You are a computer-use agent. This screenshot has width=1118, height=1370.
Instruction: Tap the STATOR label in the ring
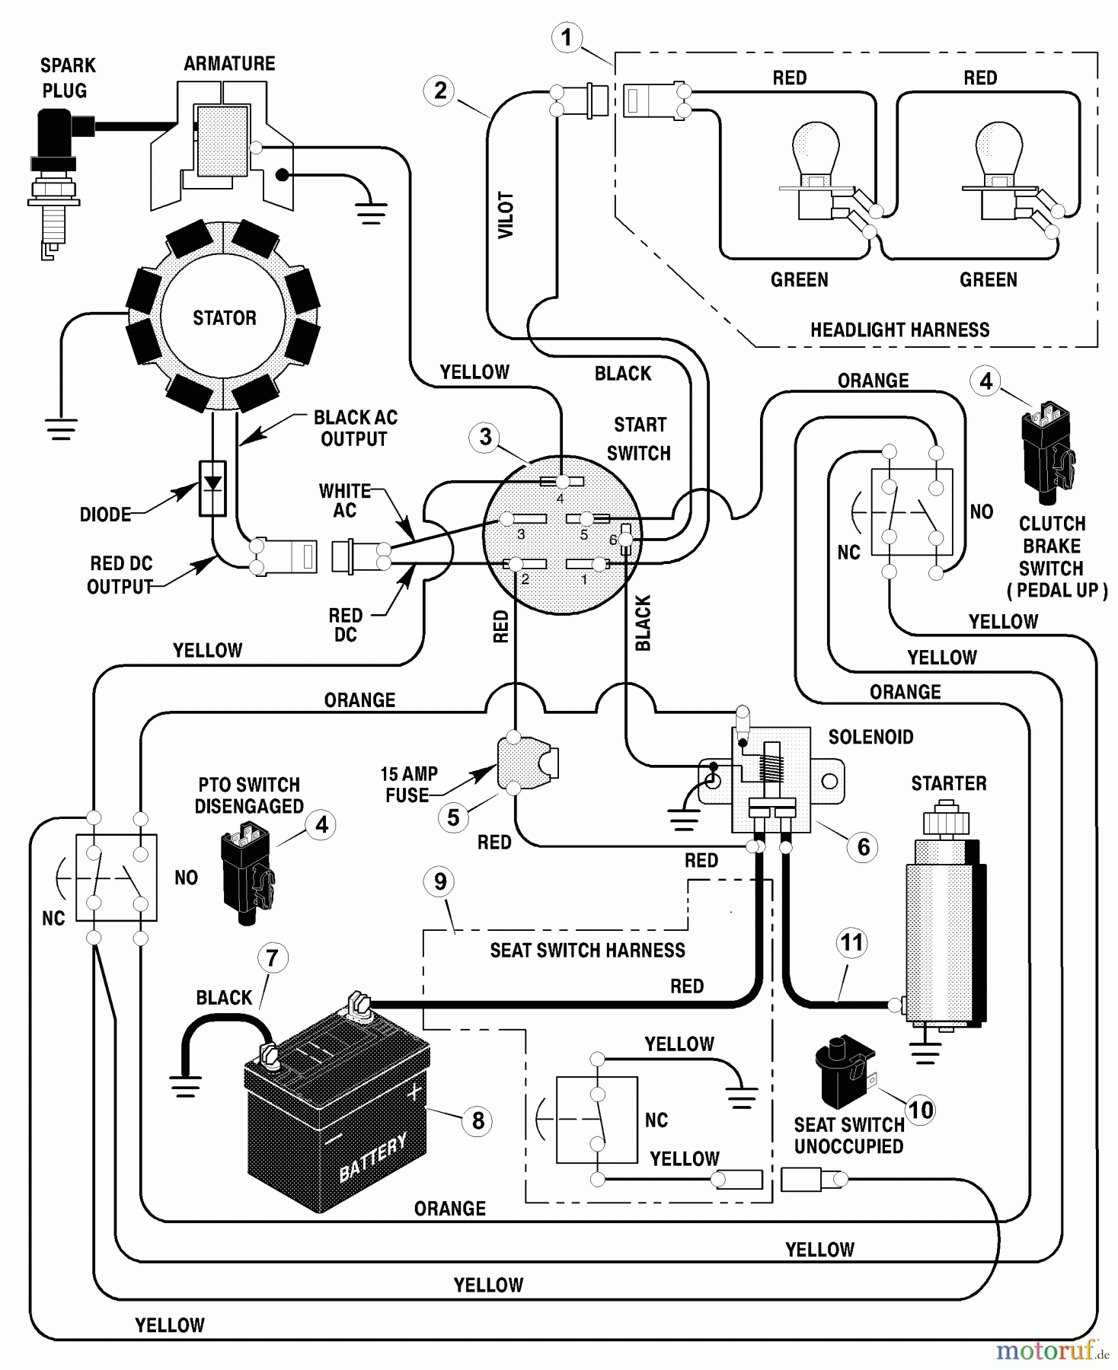(224, 318)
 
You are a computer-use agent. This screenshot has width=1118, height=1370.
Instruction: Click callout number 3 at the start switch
(485, 437)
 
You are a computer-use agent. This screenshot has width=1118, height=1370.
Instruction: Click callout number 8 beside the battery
(478, 1120)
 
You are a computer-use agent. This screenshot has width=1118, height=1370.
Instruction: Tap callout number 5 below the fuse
(453, 817)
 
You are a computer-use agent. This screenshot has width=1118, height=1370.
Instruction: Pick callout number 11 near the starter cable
(851, 943)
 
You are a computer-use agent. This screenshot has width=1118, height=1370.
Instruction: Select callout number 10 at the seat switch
(920, 1110)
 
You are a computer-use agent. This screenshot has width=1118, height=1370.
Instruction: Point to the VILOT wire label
(506, 215)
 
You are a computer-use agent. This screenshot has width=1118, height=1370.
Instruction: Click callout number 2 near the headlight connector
(439, 91)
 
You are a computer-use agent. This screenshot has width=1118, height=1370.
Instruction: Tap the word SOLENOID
(870, 737)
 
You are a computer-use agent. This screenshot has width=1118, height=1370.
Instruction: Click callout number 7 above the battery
(273, 957)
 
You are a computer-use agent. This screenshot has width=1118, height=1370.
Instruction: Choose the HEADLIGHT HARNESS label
(899, 330)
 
